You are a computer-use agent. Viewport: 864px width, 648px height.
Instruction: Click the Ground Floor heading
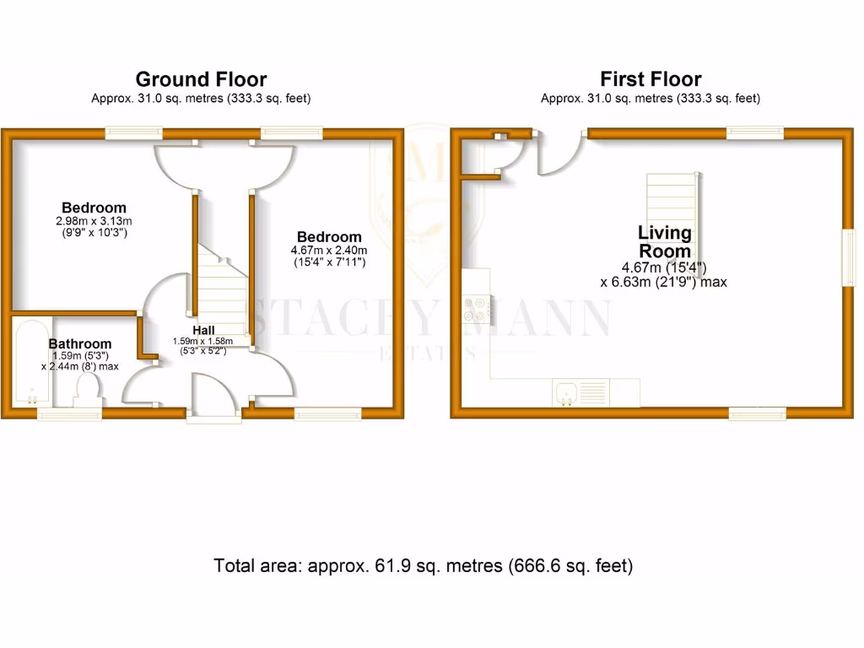201,79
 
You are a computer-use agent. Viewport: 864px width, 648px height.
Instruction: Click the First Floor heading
650,79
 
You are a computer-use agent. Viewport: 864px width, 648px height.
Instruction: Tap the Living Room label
664,241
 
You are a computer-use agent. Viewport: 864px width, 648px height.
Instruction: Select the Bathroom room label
80,343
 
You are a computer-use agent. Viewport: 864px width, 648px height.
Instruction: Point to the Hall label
202,330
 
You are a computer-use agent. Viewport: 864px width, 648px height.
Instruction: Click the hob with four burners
477,308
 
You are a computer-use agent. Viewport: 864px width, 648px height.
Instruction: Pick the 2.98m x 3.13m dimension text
94,221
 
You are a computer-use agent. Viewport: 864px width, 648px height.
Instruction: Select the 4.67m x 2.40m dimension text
329,251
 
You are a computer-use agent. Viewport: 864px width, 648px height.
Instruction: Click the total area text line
424,565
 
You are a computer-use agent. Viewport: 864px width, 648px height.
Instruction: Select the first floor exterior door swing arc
561,154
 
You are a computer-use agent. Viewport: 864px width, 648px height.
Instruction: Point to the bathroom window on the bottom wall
69,413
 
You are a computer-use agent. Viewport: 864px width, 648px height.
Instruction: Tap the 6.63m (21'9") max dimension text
663,282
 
